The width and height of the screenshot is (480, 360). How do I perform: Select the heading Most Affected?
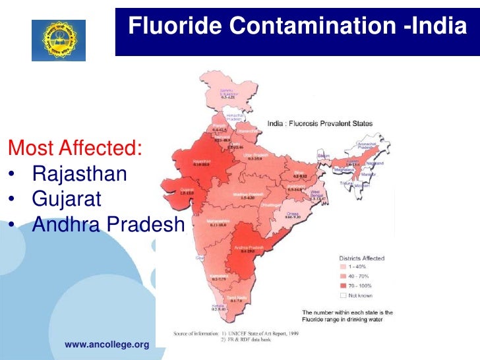click(74, 146)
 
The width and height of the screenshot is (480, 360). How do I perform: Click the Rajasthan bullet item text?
click(79, 174)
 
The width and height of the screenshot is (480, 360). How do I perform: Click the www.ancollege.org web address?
click(107, 344)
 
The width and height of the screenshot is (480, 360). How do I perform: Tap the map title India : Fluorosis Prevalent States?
click(320, 123)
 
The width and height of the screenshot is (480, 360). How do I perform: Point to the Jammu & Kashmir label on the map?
click(227, 92)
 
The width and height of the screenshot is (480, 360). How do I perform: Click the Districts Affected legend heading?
click(361, 258)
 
